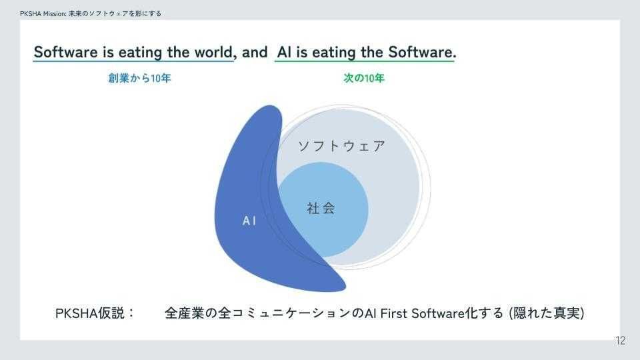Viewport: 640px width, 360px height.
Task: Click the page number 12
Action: (x=620, y=341)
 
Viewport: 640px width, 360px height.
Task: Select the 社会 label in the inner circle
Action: (x=321, y=208)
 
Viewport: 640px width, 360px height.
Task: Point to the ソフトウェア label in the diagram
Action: (x=341, y=146)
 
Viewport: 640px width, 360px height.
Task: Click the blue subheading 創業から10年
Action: (x=140, y=78)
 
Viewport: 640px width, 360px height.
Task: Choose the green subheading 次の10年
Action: (x=364, y=78)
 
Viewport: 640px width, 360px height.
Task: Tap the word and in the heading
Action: (x=255, y=52)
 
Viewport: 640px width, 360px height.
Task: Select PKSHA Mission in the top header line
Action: (x=43, y=13)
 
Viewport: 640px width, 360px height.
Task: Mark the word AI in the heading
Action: (x=283, y=52)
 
